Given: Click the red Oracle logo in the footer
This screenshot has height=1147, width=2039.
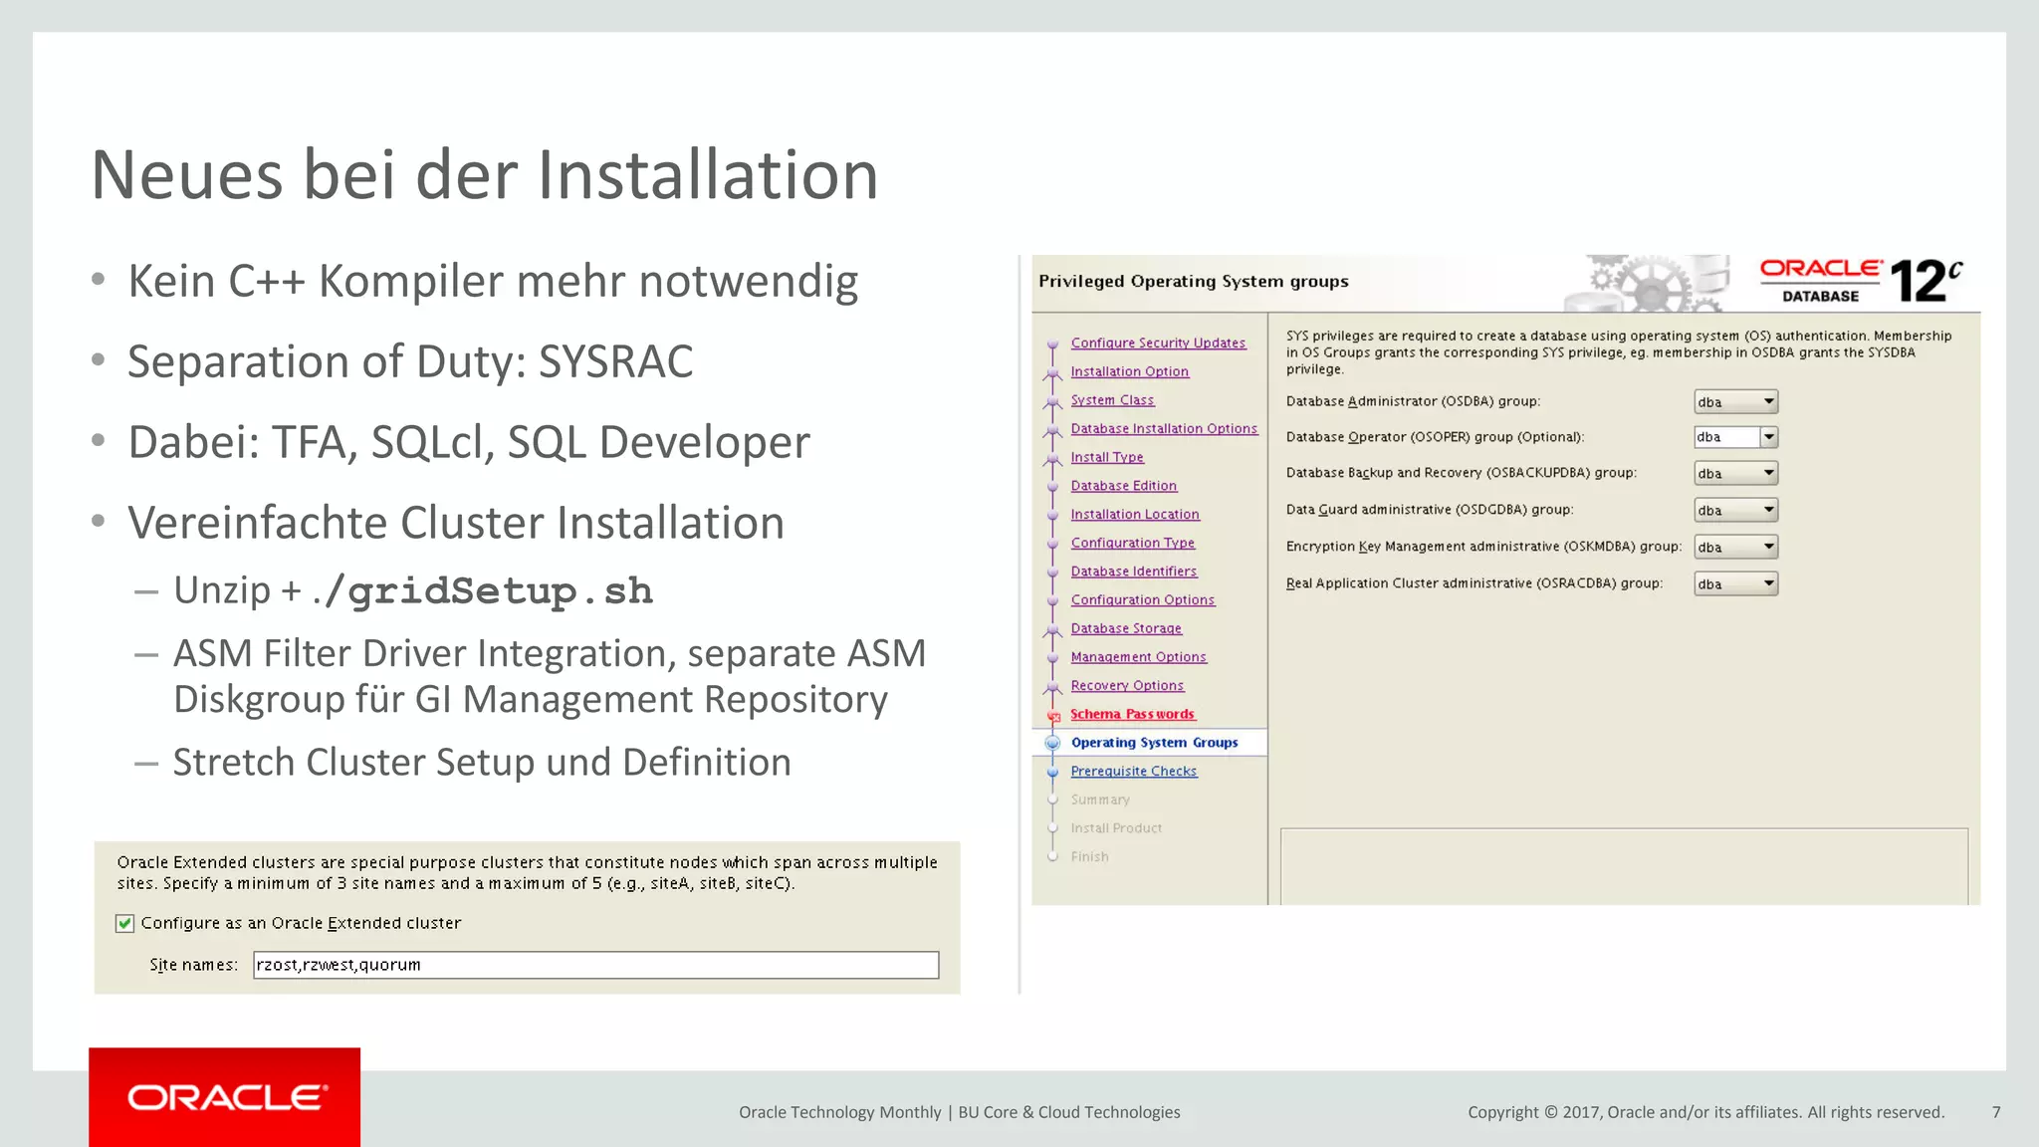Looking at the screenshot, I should (x=225, y=1097).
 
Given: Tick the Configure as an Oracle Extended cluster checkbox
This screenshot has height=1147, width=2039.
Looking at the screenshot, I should (x=125, y=924).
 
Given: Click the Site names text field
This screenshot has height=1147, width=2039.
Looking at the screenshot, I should (x=595, y=965).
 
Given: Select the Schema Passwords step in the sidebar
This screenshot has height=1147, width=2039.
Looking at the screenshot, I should (x=1132, y=714).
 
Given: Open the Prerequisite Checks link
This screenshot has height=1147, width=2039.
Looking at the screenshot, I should (x=1134, y=771).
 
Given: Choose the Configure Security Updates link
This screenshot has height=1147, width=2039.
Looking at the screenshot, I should (x=1158, y=343).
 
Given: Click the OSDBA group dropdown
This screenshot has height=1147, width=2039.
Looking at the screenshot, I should (x=1735, y=402).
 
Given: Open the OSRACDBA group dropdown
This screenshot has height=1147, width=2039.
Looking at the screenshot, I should (x=1735, y=584).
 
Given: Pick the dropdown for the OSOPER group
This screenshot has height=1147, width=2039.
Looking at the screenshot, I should (x=1735, y=437).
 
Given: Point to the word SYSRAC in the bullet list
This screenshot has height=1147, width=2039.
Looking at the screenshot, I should (x=615, y=361).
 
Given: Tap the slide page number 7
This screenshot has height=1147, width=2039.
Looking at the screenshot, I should (x=1996, y=1112).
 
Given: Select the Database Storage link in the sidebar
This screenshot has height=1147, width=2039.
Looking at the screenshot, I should (x=1126, y=628).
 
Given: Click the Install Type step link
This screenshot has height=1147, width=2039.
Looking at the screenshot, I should (x=1107, y=457).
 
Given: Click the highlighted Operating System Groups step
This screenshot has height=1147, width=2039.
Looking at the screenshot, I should (x=1154, y=743).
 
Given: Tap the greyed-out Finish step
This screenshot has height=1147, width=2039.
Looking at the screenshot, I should (x=1089, y=856).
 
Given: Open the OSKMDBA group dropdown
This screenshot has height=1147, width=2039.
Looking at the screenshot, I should (x=1735, y=548).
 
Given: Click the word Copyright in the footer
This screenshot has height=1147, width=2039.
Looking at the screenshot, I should (x=1502, y=1112).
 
